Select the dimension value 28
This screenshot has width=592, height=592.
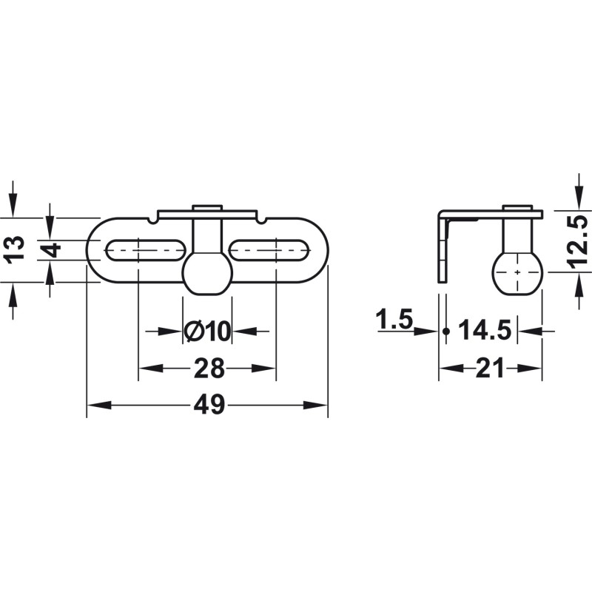click(207, 368)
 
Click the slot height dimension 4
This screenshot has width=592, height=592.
click(50, 250)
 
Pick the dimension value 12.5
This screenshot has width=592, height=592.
click(579, 239)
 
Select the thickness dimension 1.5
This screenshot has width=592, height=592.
click(394, 321)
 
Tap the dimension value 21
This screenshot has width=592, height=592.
click(490, 368)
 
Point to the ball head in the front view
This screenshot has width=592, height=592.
click(207, 273)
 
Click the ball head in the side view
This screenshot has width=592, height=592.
click(517, 272)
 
